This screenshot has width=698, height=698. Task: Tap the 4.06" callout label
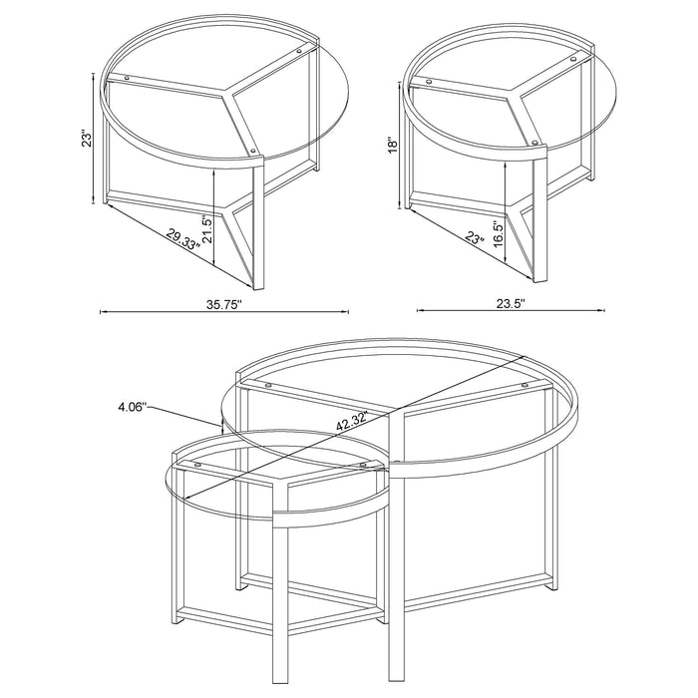(x=133, y=407)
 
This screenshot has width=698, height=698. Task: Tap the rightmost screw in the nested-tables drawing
(x=523, y=386)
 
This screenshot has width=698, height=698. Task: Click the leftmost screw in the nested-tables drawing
(x=196, y=465)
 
